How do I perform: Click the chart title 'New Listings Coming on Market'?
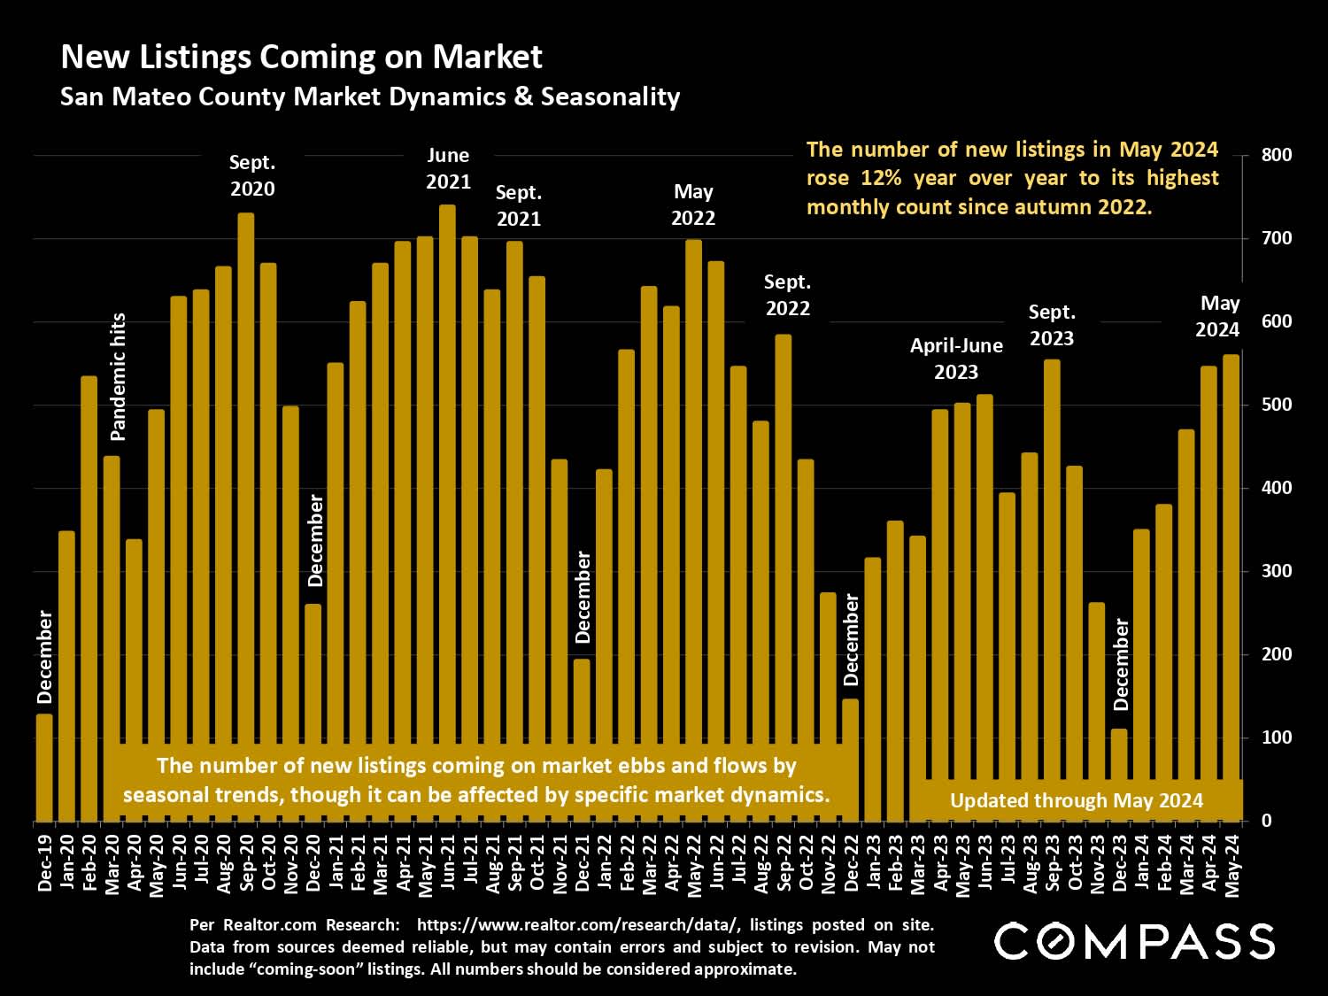tap(301, 58)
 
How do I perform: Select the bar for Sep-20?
tap(246, 513)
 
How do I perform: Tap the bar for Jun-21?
tap(448, 513)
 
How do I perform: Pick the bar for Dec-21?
tap(582, 739)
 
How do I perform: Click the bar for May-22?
tap(694, 531)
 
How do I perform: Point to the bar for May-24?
tap(1231, 584)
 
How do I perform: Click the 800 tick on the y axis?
tap(1277, 155)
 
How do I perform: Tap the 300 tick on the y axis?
tap(1277, 571)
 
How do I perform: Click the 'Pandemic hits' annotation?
tap(119, 377)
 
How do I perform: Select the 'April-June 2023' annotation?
tap(956, 359)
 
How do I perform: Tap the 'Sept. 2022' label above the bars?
tap(787, 295)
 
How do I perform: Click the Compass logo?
tap(1134, 941)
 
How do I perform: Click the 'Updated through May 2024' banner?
tap(1076, 801)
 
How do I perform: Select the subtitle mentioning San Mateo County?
tap(370, 97)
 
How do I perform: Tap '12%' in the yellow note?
tap(881, 178)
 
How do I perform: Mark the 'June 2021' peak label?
tap(448, 168)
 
